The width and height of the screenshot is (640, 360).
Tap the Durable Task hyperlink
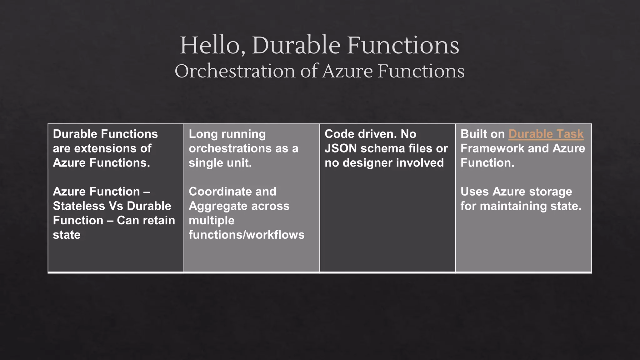pos(546,134)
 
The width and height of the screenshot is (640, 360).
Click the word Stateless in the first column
pos(79,206)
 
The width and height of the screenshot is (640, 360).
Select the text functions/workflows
pos(246,235)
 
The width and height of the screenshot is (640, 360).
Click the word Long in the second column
pos(201,134)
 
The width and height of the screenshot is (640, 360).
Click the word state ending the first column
pos(67,235)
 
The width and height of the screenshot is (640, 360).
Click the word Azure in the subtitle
pos(347,71)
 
